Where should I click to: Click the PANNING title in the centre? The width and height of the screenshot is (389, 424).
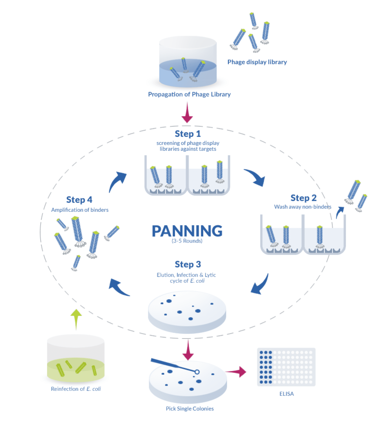click(x=187, y=231)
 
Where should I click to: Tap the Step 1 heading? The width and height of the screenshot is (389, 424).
click(x=188, y=134)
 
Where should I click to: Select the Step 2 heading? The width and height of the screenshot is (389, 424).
click(x=303, y=198)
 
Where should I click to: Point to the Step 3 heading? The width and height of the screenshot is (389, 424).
click(x=188, y=264)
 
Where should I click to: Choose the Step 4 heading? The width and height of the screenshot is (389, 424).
click(x=79, y=200)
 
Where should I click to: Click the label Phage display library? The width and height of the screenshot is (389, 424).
click(x=257, y=62)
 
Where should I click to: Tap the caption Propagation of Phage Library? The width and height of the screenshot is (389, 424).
click(x=189, y=95)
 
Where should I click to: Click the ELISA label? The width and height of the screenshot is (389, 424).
click(x=286, y=394)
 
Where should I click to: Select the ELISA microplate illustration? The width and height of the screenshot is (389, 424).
click(x=286, y=367)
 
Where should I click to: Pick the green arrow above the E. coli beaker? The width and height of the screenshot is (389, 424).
click(x=76, y=318)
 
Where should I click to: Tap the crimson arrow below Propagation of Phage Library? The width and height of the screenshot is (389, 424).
click(x=187, y=113)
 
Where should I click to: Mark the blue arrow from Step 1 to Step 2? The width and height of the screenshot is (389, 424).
click(x=256, y=177)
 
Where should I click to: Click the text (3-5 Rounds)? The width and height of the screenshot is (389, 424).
click(x=187, y=241)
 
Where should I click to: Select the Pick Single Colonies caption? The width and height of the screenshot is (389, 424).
click(x=190, y=409)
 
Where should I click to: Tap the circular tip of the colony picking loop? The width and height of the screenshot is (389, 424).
click(x=197, y=372)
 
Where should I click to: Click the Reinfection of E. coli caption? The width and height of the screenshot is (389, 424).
click(x=76, y=389)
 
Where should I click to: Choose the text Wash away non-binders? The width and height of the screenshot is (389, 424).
click(x=303, y=207)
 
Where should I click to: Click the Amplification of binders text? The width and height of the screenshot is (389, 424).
click(x=80, y=210)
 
